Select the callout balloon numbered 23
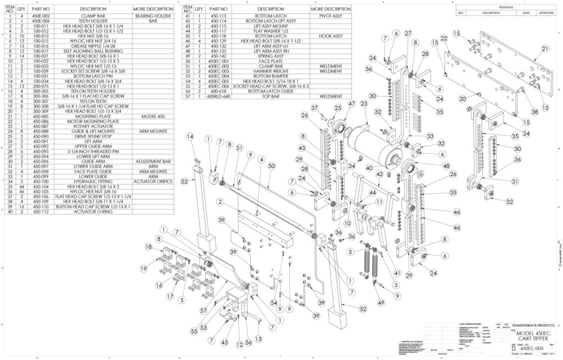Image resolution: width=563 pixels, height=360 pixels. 364,103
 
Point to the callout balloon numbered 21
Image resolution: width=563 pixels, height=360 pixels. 545,49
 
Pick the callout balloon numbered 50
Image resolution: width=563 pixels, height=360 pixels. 271,165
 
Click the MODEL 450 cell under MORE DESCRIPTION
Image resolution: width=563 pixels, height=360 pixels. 153,117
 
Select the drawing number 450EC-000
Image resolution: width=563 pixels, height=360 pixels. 532,348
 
